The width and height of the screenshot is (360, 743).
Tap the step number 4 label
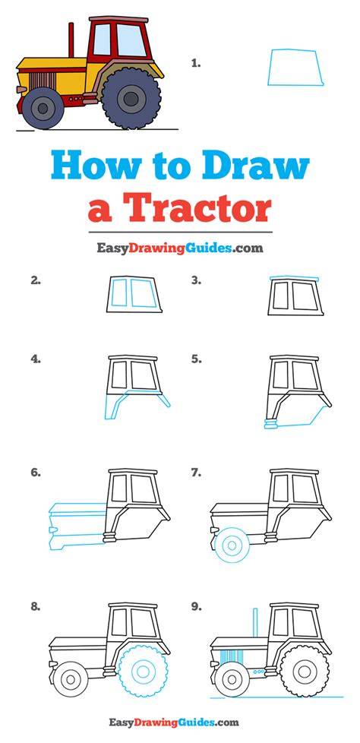point(36,359)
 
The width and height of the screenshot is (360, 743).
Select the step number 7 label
point(197,473)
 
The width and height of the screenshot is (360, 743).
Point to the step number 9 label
point(197,606)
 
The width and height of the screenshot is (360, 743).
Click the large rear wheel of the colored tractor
point(131,99)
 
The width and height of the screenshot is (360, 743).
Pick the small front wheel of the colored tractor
point(43,109)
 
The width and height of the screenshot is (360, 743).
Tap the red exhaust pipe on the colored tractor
point(71,40)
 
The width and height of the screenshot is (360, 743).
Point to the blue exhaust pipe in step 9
point(255,621)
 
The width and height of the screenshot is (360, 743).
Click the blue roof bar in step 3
point(294,278)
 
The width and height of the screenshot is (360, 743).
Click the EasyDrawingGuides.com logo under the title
point(179,248)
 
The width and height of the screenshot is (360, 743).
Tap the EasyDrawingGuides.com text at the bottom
point(174,722)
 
